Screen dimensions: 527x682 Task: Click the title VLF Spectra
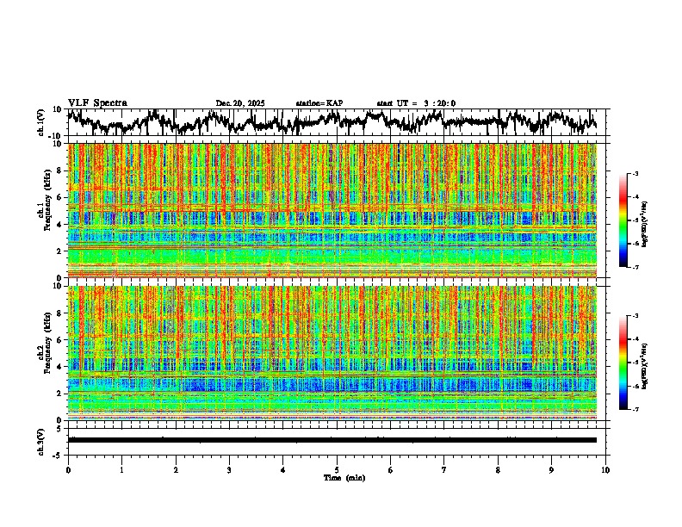point(97,102)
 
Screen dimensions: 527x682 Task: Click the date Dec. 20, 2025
point(239,103)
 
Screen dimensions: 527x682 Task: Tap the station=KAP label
point(319,103)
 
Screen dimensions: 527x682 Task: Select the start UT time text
point(416,103)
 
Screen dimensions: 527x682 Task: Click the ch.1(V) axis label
point(40,122)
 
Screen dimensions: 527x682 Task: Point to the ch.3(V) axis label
point(40,439)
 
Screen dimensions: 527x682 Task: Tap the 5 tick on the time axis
point(337,469)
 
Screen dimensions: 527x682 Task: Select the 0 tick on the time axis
point(68,469)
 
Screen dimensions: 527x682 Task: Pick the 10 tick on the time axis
point(606,469)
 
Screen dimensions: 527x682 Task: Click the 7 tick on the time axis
point(444,469)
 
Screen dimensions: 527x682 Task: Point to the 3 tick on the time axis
point(229,469)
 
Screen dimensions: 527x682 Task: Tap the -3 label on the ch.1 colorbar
point(643,175)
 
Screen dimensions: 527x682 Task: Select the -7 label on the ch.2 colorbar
point(643,410)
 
